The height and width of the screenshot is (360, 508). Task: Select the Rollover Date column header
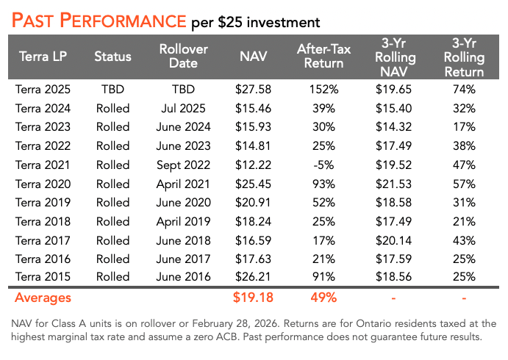point(183,56)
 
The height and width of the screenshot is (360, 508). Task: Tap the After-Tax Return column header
point(320,56)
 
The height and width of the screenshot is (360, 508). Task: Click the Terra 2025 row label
point(43,90)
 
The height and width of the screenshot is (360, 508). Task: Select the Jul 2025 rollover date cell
point(183,109)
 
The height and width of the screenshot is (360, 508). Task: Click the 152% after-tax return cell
point(320,90)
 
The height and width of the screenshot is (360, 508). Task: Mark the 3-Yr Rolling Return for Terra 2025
point(464,90)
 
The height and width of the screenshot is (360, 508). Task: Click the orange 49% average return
point(320,298)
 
